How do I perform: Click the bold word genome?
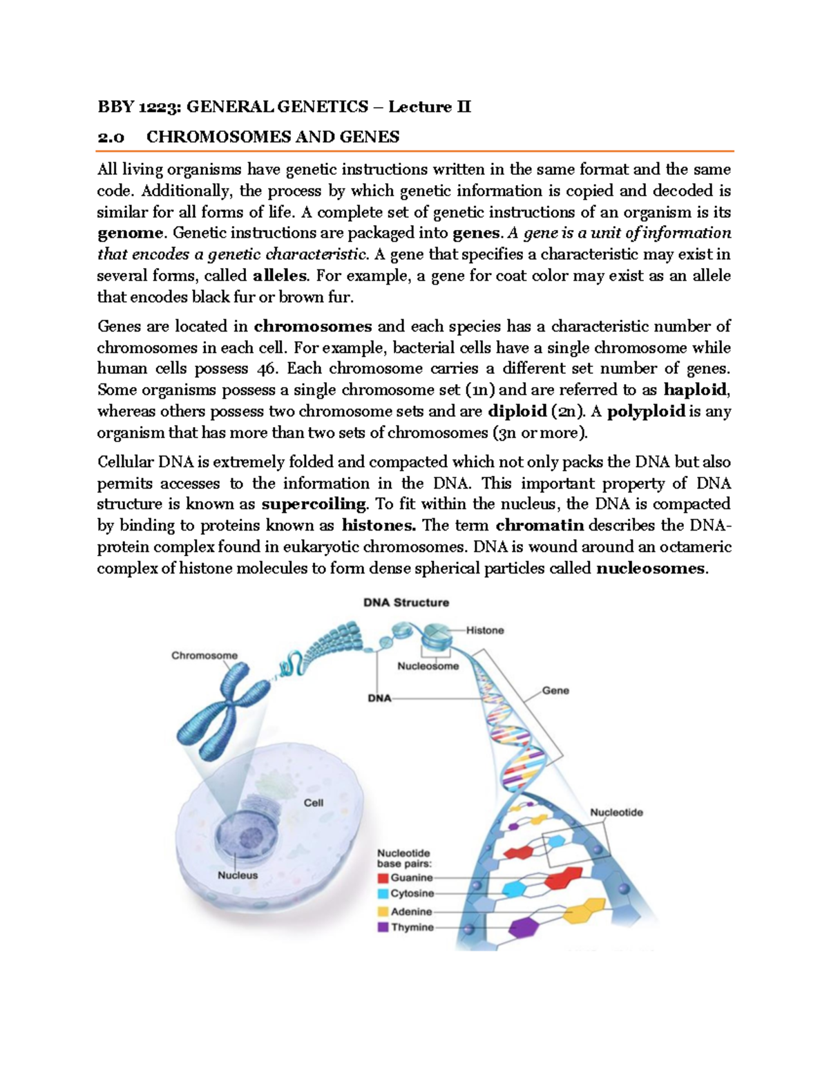[130, 234]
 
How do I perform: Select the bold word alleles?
[280, 276]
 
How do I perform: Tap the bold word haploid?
[694, 390]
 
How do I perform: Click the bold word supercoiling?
[314, 504]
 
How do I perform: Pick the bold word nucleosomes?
[651, 569]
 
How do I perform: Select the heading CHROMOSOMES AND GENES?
[273, 137]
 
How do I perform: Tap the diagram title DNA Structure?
[406, 602]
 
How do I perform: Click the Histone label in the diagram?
[485, 630]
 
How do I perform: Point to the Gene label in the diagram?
[555, 690]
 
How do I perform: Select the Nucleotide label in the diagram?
[616, 813]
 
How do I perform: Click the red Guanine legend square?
[383, 878]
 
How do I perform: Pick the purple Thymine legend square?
[383, 927]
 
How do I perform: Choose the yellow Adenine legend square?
[383, 911]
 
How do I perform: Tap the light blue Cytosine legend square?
[383, 894]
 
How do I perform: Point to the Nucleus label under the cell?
[238, 875]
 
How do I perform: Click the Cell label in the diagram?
[314, 803]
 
